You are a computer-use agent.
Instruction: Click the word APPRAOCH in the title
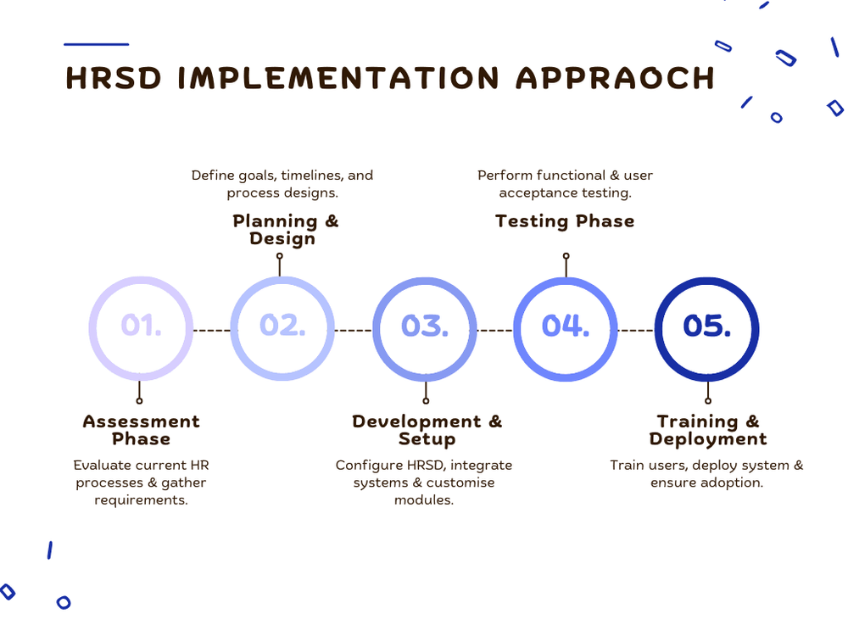[x=615, y=78]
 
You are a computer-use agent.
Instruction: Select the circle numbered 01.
[x=141, y=326]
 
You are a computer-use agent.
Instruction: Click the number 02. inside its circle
[x=282, y=326]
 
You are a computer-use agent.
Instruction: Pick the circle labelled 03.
[x=425, y=326]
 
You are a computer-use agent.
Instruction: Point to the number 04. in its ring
[x=566, y=326]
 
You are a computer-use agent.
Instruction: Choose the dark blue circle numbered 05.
[x=707, y=326]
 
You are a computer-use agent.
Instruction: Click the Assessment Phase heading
[x=141, y=430]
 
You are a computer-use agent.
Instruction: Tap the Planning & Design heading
[x=285, y=230]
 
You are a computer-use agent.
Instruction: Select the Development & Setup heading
[x=427, y=430]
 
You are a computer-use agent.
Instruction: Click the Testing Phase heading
[x=565, y=221]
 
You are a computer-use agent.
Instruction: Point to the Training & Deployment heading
[x=708, y=430]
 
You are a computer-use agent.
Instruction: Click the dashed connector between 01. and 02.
[x=212, y=330]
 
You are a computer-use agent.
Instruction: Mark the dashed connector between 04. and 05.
[x=636, y=330]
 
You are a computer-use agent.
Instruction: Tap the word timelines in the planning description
[x=310, y=176]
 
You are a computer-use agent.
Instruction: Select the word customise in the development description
[x=460, y=483]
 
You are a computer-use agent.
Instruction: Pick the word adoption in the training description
[x=734, y=483]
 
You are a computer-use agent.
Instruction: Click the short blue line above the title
[x=97, y=44]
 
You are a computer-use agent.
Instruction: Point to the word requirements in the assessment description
[x=141, y=500]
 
